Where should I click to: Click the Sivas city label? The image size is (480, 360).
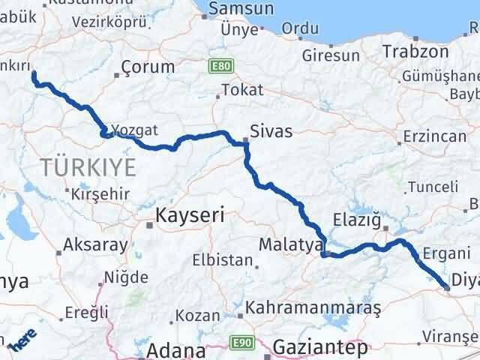271,131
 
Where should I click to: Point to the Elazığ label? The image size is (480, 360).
358,223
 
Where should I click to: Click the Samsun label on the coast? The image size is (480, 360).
240,9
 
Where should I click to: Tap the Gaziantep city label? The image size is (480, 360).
321,349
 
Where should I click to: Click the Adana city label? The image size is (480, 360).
177,350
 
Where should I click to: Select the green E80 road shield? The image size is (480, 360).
219,67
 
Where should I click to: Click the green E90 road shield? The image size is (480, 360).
241,342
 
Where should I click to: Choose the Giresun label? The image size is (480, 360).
331,55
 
